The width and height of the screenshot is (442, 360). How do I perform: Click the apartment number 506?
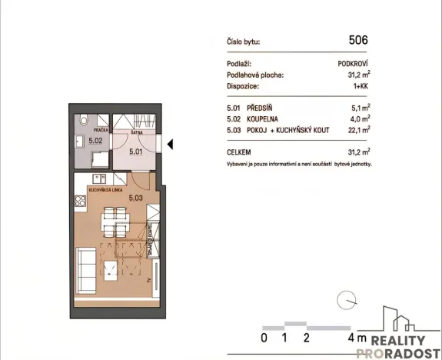click(x=358, y=40)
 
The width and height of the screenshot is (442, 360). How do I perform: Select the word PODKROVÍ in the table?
click(x=354, y=65)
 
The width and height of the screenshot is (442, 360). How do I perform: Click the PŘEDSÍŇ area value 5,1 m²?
click(x=360, y=108)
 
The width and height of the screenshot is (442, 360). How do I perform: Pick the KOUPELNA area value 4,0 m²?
click(x=360, y=119)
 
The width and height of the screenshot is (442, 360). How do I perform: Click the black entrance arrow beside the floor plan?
click(x=171, y=143)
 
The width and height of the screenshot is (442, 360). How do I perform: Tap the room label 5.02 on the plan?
click(x=95, y=142)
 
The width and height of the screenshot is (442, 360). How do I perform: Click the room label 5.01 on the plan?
click(x=135, y=152)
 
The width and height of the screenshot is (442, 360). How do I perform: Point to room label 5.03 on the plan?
click(x=137, y=198)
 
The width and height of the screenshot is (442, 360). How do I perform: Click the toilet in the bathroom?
click(x=84, y=121)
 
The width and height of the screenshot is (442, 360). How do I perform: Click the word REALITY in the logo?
click(x=398, y=341)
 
